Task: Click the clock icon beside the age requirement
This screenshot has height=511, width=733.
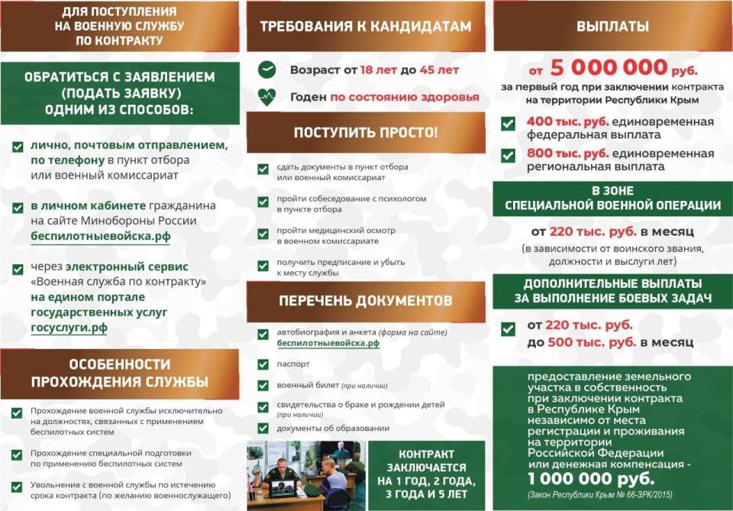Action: point(266,70)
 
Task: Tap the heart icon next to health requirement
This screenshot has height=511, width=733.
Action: point(266,97)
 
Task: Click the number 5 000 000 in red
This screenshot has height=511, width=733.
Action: point(607,68)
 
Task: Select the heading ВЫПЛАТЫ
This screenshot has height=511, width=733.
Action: point(612,27)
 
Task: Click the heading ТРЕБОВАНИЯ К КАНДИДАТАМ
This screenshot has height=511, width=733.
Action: point(366,27)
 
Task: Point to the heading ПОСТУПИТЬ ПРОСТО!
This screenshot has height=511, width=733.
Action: point(366,132)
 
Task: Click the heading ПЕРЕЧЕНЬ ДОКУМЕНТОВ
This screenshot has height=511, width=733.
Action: point(366,300)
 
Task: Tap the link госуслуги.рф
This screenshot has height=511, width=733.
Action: point(69,328)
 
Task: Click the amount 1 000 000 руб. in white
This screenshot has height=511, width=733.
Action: point(590,478)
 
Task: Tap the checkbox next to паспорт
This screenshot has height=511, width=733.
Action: point(263,364)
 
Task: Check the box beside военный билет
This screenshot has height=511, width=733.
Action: point(263,386)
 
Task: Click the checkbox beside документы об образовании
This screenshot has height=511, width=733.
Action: point(263,429)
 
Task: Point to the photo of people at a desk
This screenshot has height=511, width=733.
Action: point(305,475)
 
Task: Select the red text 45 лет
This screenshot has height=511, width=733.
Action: point(439,70)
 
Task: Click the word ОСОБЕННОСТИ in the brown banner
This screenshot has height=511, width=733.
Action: point(120,364)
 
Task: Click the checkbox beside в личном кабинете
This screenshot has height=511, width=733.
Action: point(18,206)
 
